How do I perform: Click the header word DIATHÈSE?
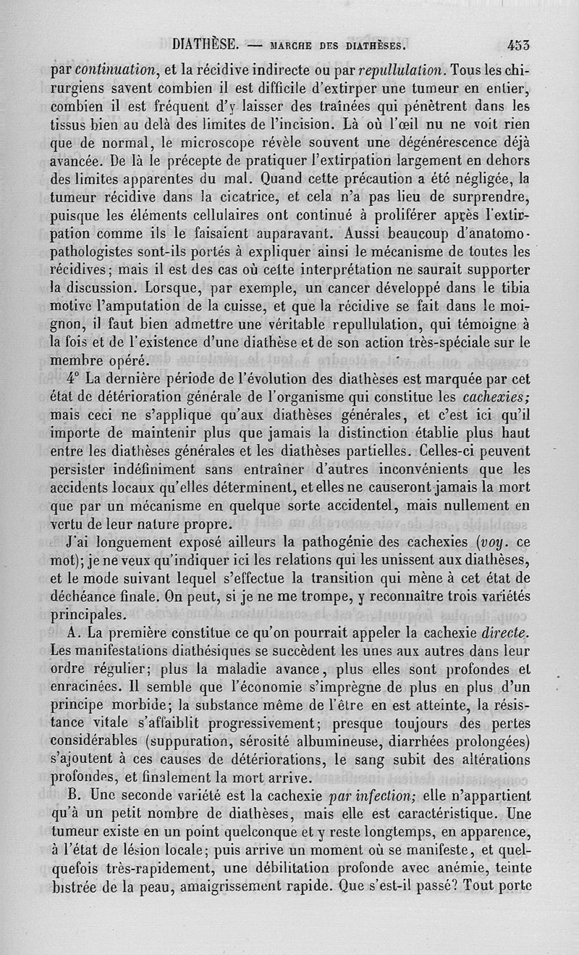[x=206, y=43]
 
